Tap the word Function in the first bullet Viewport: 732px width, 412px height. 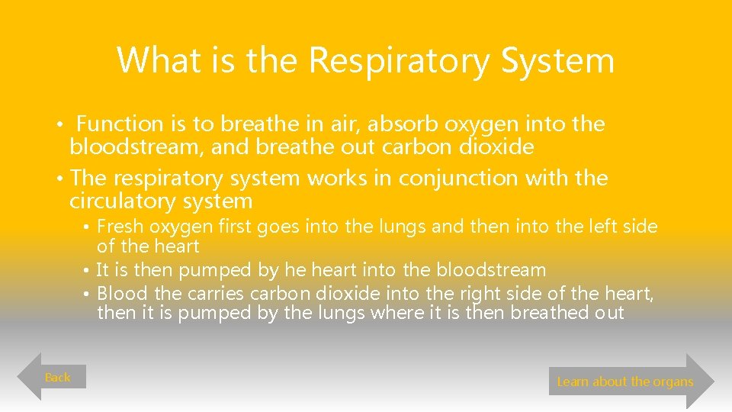pyautogui.click(x=120, y=124)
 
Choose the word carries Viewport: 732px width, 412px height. pyautogui.click(x=213, y=294)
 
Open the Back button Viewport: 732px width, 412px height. pyautogui.click(x=58, y=377)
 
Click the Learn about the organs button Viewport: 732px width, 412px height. pyautogui.click(x=625, y=381)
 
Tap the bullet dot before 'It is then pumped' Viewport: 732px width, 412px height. pyautogui.click(x=88, y=270)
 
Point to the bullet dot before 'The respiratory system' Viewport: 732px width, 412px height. pyautogui.click(x=59, y=179)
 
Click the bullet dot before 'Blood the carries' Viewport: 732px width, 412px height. pyautogui.click(x=88, y=295)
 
